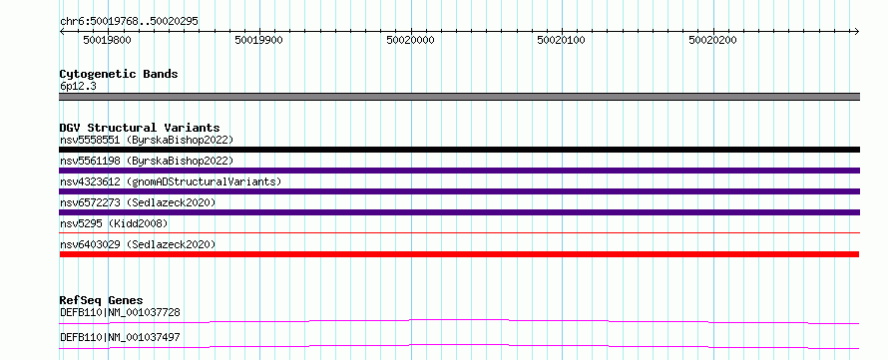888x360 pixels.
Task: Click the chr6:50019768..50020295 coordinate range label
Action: coord(129,21)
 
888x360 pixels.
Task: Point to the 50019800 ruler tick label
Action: coord(107,40)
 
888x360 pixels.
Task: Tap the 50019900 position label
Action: coord(258,40)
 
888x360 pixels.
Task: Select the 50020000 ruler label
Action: coord(411,40)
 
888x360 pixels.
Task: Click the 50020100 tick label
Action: coord(562,40)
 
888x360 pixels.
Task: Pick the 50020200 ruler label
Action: coord(713,40)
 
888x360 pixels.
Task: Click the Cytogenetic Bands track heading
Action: coord(119,74)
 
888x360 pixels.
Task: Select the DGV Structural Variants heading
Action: coord(140,128)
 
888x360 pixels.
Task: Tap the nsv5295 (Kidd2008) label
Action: coord(114,223)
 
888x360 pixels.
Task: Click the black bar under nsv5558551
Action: coord(459,150)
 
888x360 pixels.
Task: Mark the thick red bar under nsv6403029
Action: coord(459,254)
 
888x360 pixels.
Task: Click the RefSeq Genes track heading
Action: coord(102,300)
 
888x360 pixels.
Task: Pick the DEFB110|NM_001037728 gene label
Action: coord(120,312)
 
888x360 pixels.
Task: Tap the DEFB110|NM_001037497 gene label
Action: coord(120,337)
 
